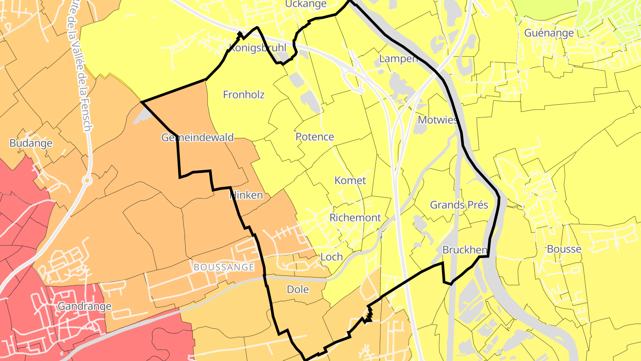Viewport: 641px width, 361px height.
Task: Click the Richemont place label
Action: click(355, 217)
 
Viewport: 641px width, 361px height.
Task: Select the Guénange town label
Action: click(549, 33)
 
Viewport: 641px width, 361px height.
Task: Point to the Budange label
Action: click(31, 143)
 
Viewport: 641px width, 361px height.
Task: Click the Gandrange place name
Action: click(84, 307)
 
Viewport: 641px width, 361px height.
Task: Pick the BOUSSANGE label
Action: click(224, 267)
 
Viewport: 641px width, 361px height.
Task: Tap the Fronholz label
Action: click(243, 94)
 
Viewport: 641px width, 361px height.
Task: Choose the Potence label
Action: click(315, 136)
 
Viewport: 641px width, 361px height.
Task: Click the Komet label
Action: click(350, 180)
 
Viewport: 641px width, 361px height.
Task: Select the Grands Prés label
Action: click(459, 205)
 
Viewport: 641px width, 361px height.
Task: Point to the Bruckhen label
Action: click(465, 250)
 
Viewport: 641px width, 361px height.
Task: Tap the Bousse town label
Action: click(564, 249)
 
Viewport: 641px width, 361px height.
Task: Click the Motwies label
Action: click(437, 120)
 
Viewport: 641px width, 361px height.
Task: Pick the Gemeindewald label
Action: click(197, 137)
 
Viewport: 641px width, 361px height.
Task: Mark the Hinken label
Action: click(246, 195)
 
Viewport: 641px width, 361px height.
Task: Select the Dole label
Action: click(298, 289)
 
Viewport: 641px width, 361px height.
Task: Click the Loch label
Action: click(332, 256)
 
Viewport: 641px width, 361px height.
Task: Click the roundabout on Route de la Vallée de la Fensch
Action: click(87, 180)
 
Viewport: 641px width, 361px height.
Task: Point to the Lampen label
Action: click(398, 58)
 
